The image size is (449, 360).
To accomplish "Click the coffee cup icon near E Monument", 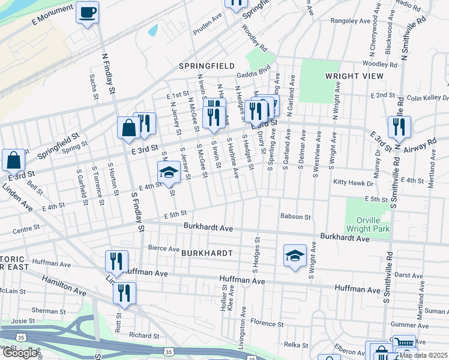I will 88,12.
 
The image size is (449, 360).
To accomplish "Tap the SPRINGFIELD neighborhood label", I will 205,65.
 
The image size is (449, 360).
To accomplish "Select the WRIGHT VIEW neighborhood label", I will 354,76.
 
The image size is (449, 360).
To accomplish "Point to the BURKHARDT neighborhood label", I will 206,253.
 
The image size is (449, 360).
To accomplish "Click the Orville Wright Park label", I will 367,224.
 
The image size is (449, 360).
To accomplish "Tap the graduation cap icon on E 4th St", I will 169,173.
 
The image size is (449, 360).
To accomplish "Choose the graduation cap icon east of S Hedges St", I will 295,256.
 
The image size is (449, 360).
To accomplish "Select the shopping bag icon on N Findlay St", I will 128,127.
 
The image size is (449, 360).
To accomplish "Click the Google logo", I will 20,353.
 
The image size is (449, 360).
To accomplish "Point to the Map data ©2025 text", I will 423,355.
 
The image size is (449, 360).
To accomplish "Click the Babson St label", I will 295,217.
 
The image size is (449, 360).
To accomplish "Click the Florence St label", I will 267,323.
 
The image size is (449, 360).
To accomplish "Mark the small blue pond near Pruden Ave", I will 152,29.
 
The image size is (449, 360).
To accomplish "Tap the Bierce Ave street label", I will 164,248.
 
